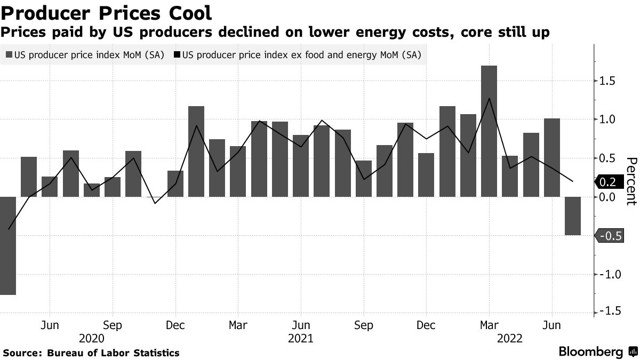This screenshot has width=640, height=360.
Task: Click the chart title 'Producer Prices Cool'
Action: click(107, 12)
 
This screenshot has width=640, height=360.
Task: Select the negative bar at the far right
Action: click(573, 216)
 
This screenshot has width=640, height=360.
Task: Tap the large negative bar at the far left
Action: click(7, 245)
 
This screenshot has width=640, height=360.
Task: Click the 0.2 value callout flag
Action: click(609, 182)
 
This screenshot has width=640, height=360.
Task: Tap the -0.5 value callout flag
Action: click(609, 236)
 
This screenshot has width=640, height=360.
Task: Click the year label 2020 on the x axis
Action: click(92, 338)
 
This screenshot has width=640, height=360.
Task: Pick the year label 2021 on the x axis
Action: click(301, 338)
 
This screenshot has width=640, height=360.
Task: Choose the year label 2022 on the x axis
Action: click(510, 338)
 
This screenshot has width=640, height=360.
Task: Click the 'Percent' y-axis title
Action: click(631, 181)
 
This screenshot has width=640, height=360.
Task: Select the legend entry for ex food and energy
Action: click(302, 54)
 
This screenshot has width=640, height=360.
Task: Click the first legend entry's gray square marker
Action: click(9, 54)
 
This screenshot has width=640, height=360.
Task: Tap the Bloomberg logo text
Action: click(590, 352)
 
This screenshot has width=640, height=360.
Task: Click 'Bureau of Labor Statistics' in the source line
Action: click(113, 353)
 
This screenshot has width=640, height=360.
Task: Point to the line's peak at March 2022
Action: click(489, 98)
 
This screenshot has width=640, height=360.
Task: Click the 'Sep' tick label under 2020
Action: click(113, 325)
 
